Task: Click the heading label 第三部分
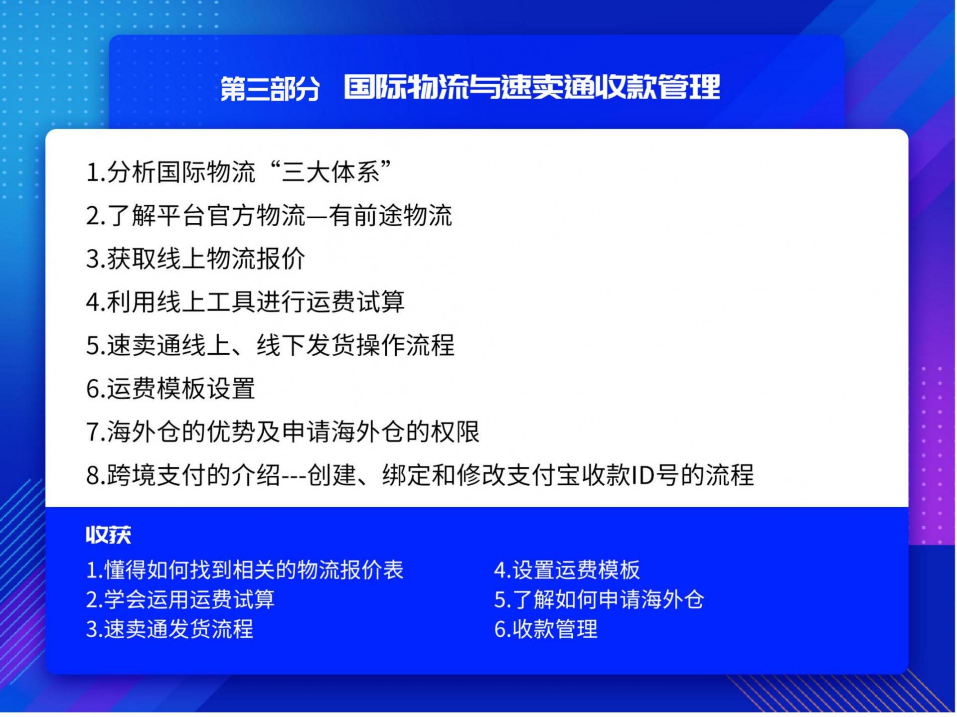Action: [x=270, y=89]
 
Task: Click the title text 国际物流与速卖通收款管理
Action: [x=532, y=87]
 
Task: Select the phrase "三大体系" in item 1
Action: [x=331, y=172]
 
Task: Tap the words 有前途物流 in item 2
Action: [x=390, y=216]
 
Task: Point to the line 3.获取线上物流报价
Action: [x=195, y=259]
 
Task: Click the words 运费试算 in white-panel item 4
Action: [x=355, y=302]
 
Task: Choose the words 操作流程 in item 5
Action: [x=405, y=345]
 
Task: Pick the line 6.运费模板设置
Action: [x=170, y=389]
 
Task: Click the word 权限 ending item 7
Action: [x=455, y=432]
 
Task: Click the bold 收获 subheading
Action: [x=108, y=535]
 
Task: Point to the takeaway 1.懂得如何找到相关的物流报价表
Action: [x=245, y=570]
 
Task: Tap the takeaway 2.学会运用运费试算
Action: [x=180, y=599]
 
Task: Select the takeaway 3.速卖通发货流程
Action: [x=169, y=629]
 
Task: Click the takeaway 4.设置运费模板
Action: [x=567, y=570]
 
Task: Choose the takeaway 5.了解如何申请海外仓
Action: [x=599, y=599]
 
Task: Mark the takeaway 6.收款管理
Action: [x=546, y=629]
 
